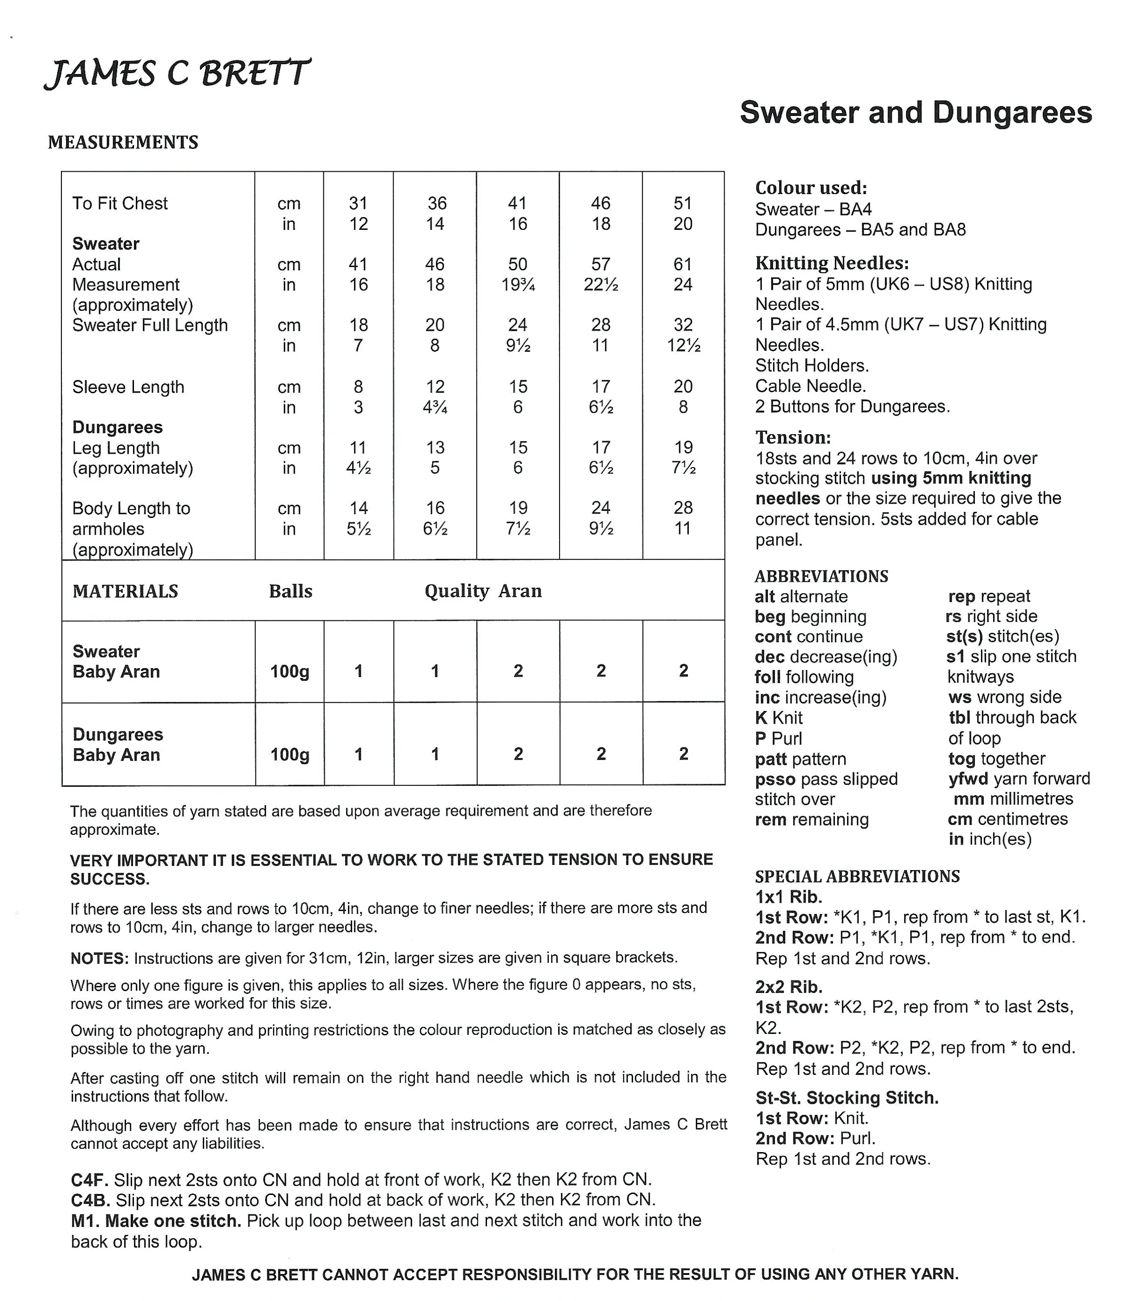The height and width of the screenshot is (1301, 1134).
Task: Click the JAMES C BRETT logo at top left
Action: click(177, 74)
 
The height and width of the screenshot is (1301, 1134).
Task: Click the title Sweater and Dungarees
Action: click(916, 113)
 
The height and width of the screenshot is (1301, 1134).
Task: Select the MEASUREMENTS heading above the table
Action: click(123, 142)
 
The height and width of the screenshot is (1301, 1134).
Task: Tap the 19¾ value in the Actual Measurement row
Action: click(518, 285)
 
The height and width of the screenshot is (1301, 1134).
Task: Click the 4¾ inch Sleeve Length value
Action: click(435, 407)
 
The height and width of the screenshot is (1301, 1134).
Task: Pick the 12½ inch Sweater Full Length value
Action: click(683, 346)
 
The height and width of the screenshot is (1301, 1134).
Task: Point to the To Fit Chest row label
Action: click(120, 203)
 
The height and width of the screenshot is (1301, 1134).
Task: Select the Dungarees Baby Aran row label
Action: click(118, 744)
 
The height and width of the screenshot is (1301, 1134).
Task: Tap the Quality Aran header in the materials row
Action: click(483, 591)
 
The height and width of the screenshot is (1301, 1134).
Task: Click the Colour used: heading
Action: click(811, 188)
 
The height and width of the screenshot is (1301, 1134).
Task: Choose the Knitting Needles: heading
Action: click(832, 263)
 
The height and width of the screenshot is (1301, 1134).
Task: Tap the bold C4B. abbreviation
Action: click(91, 1200)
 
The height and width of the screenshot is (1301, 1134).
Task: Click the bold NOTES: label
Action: click(100, 958)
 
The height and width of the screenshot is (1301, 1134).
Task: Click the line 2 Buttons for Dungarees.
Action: click(853, 406)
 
